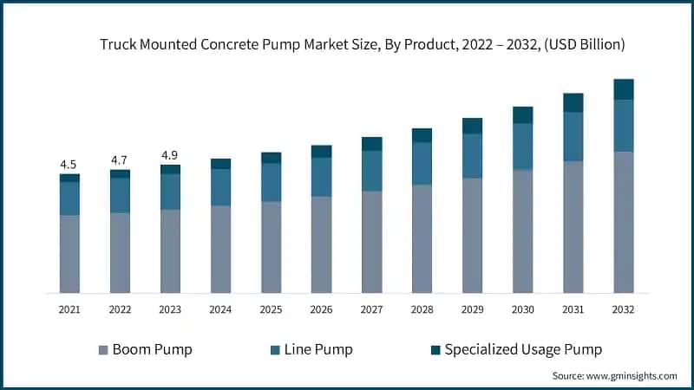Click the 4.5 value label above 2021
69,165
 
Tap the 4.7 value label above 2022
119,160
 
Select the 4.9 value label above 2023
170,155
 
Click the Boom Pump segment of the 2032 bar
623,222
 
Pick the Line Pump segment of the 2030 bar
522,146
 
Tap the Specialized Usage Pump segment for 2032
623,89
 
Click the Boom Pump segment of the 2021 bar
69,254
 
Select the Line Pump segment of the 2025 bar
271,182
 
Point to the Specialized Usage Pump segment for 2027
371,144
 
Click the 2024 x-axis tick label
220,309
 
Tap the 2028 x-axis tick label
422,309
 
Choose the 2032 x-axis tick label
623,309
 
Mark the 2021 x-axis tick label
69,309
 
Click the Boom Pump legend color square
103,350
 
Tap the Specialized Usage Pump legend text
523,350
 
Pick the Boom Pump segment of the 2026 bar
321,244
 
